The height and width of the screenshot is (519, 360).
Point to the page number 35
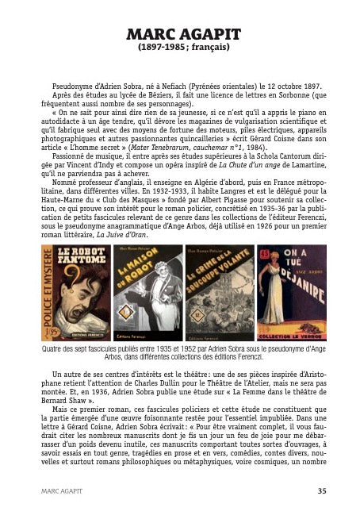tap(321, 492)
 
